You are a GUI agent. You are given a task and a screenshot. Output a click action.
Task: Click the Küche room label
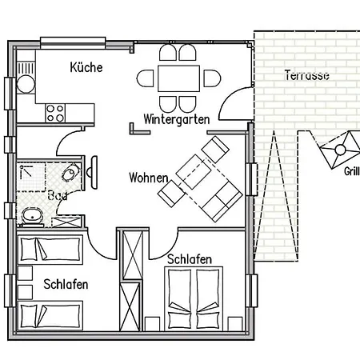(x=86, y=67)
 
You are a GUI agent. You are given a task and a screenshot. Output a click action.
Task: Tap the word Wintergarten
(x=177, y=119)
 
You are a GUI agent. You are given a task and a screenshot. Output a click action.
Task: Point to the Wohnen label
(x=149, y=178)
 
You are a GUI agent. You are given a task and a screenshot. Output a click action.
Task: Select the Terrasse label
(x=307, y=75)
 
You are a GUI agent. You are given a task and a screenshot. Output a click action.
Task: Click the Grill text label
(x=352, y=171)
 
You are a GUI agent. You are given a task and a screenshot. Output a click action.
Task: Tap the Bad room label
(x=58, y=195)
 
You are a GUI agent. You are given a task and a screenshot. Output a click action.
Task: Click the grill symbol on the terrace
(x=340, y=150)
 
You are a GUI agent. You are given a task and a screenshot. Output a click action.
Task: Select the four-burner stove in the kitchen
(x=55, y=113)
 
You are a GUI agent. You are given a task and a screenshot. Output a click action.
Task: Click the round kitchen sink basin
(x=26, y=84)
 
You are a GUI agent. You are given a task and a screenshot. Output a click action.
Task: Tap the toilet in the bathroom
(x=71, y=171)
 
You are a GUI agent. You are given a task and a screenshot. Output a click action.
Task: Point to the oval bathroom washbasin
(x=32, y=216)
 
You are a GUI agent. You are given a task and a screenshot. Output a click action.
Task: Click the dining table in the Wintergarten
(x=178, y=78)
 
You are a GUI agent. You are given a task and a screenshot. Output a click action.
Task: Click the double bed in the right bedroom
(x=194, y=298)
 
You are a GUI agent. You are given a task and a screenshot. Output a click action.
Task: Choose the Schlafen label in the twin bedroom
(x=66, y=284)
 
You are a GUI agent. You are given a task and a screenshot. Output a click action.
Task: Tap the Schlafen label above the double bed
(x=190, y=259)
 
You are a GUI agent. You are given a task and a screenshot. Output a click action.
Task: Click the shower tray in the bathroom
(x=31, y=177)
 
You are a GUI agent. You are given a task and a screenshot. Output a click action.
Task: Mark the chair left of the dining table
(x=145, y=78)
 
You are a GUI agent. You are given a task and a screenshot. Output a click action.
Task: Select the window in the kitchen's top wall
(x=73, y=42)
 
